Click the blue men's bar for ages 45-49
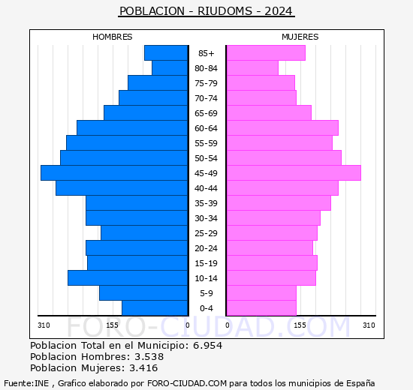tap(114, 173)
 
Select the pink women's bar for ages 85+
tap(266, 53)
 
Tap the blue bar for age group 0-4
tap(155, 308)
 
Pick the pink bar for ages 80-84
tap(252, 68)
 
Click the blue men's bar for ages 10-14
tap(128, 278)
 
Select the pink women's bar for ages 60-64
tap(282, 128)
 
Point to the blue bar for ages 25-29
tap(144, 233)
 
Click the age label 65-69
tap(206, 113)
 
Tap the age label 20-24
tap(206, 248)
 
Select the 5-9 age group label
tap(206, 293)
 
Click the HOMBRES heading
tap(112, 37)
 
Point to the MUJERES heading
tap(300, 37)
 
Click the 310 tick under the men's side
tap(44, 325)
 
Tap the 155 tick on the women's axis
tap(300, 325)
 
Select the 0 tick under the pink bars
tap(228, 325)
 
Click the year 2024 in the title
tap(279, 11)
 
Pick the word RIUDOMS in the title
tap(225, 11)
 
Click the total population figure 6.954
tap(208, 345)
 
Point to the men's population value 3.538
tap(149, 356)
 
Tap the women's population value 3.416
tap(143, 368)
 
